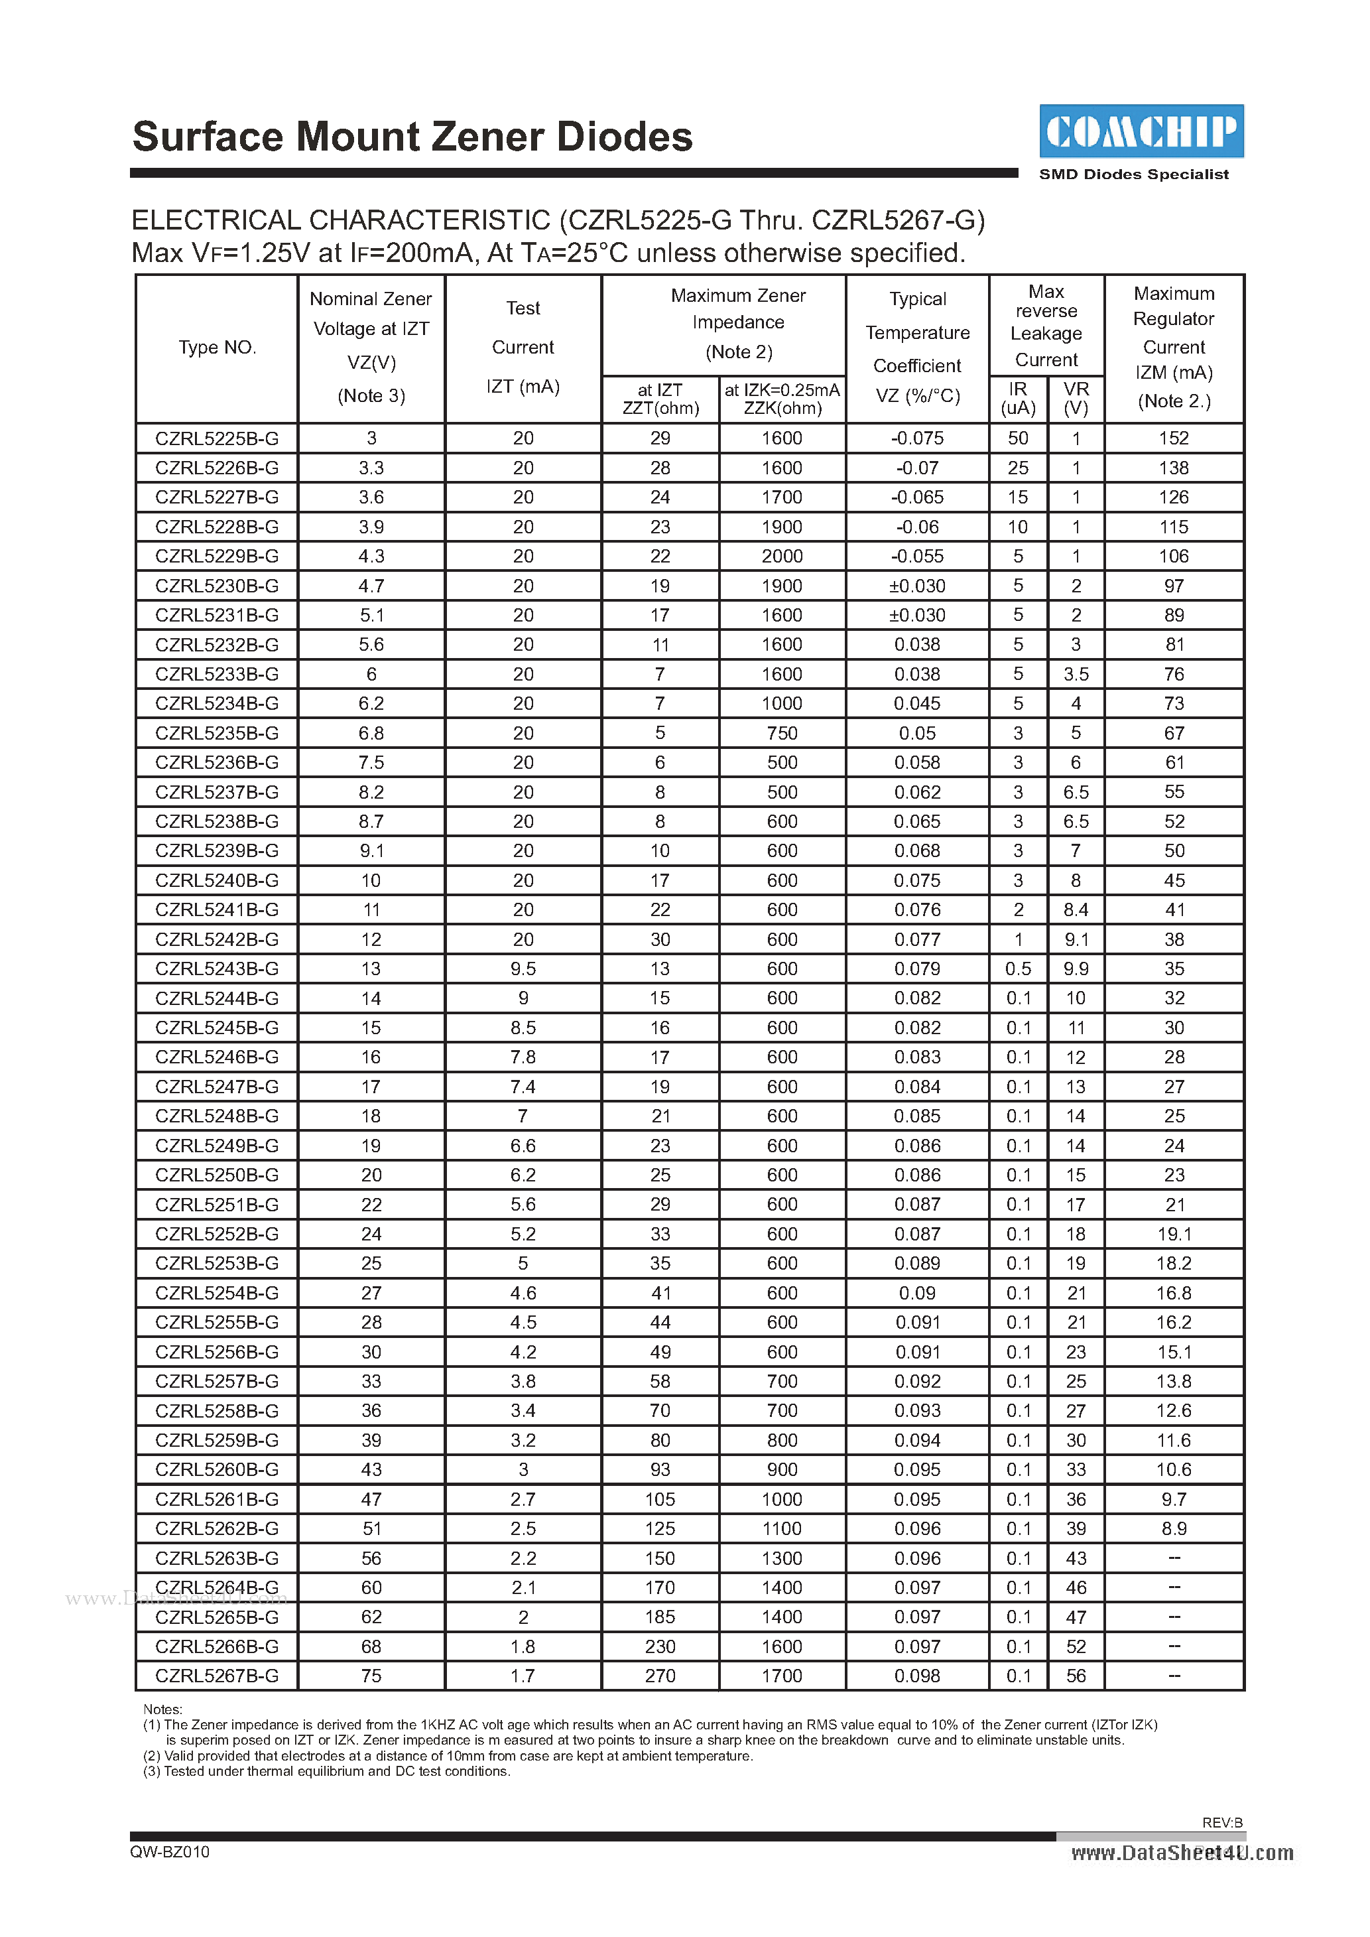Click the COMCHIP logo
1141,131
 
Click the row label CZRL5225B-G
217,438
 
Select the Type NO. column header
217,348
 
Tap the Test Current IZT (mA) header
523,348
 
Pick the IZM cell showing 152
1174,438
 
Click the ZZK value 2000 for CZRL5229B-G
782,556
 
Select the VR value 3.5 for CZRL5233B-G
1076,674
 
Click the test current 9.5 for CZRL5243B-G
523,968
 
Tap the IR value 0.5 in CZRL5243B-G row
1019,968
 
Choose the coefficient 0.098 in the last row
917,1676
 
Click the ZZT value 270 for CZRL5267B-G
660,1676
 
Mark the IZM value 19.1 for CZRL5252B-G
1174,1235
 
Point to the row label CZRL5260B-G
217,1469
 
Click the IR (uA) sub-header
1019,398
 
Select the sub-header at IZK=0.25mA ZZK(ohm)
782,398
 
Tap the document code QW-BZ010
170,1852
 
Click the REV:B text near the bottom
1222,1822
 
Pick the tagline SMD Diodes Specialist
1134,174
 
